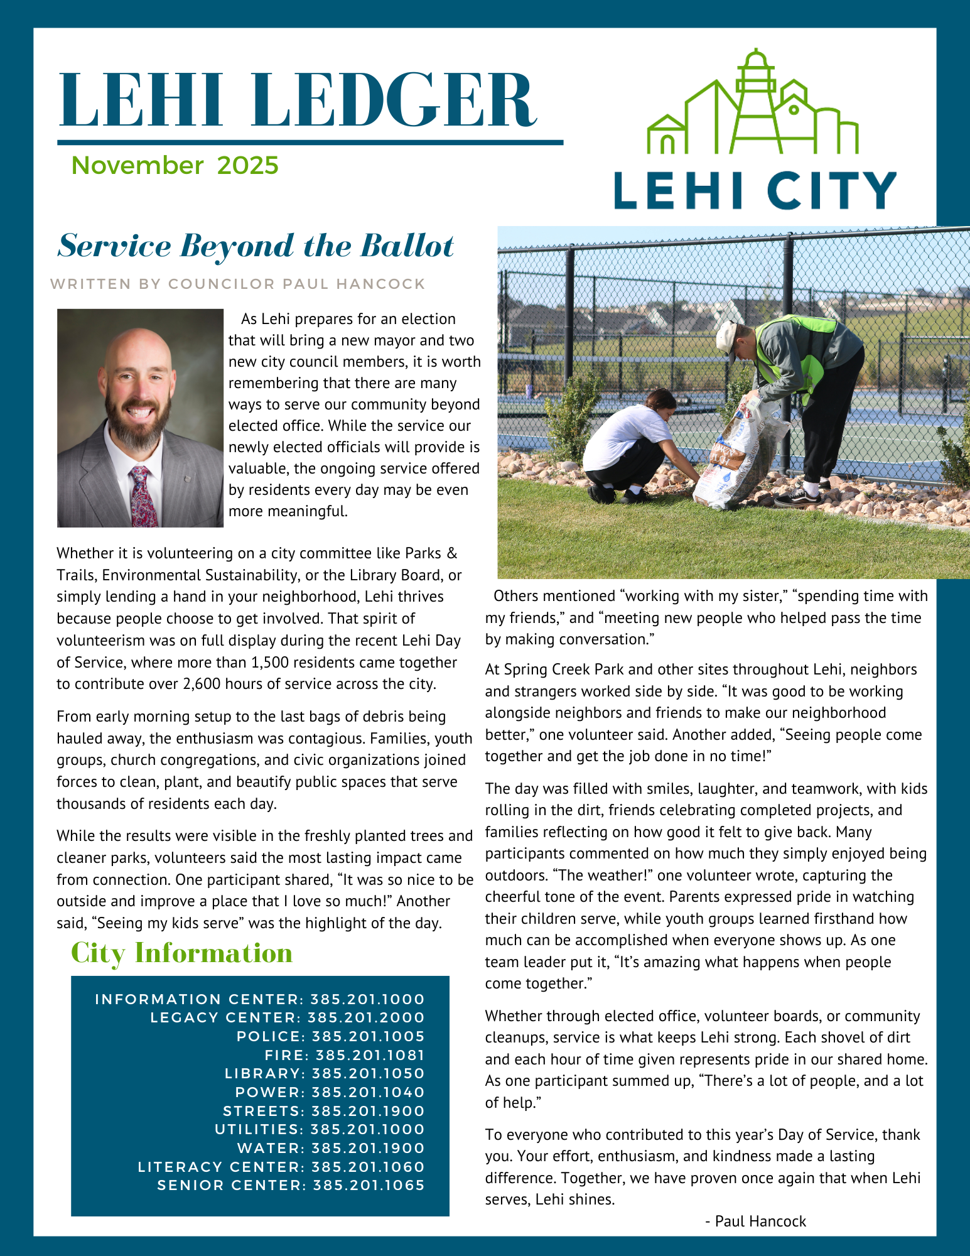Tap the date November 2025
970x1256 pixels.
(175, 165)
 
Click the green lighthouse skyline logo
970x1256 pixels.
(752, 104)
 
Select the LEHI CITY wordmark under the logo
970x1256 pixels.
(755, 190)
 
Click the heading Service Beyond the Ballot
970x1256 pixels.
(256, 246)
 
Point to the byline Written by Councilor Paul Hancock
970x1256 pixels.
(238, 284)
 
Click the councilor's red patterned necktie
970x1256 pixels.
(141, 496)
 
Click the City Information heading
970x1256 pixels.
(181, 953)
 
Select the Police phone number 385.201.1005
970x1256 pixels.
(368, 1036)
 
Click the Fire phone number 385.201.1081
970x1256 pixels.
(370, 1055)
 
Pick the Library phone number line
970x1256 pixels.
(325, 1073)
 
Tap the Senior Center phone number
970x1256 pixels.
(369, 1185)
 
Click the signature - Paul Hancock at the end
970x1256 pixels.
(755, 1221)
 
